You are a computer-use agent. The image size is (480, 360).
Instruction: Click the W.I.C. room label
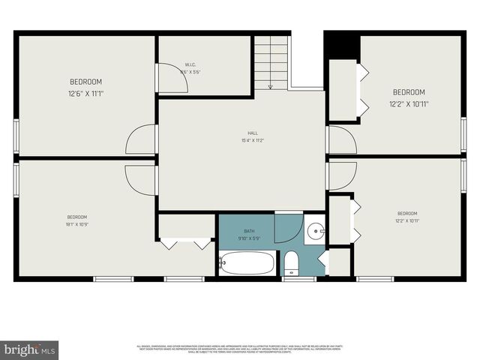coord(190,65)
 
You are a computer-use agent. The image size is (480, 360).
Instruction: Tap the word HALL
coord(241,133)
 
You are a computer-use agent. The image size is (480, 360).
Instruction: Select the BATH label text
coord(249,231)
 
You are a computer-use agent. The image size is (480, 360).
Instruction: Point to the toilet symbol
coord(292,262)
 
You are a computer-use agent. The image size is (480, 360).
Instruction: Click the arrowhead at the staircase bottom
coord(270,86)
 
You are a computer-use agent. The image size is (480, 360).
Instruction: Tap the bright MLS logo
coord(30,349)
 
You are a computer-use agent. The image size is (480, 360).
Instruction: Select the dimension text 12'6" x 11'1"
coord(85,94)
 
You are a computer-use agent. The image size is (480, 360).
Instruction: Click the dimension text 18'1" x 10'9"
coord(76,224)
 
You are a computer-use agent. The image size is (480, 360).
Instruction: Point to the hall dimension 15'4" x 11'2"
coord(241,140)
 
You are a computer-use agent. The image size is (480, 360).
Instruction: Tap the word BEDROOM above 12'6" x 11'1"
coord(85,82)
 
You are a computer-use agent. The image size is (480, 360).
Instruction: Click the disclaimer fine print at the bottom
coord(240,349)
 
